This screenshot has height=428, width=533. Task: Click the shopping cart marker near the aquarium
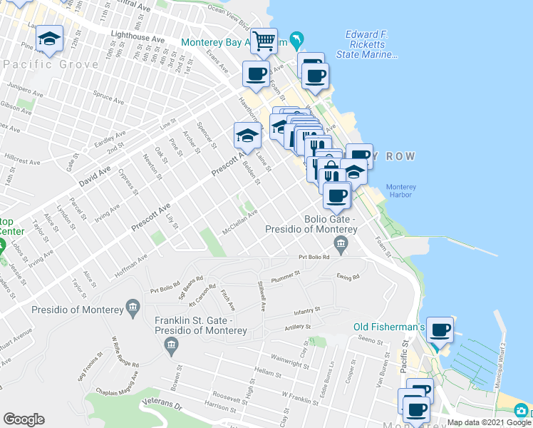click(264, 41)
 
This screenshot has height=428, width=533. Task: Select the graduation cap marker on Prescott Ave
click(247, 134)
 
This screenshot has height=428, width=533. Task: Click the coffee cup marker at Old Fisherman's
click(440, 329)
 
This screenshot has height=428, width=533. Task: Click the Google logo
click(24, 419)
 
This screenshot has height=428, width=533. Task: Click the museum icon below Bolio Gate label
click(341, 247)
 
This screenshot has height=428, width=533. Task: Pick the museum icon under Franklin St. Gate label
click(170, 347)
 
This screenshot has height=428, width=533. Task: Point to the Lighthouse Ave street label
click(143, 41)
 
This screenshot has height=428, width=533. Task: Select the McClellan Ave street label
click(239, 221)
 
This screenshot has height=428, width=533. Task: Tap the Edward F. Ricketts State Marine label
click(371, 44)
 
